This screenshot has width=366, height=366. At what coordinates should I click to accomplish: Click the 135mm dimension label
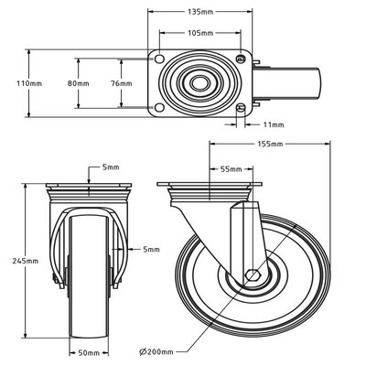pyautogui.click(x=201, y=13)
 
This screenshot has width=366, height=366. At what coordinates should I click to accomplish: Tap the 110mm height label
pyautogui.click(x=30, y=83)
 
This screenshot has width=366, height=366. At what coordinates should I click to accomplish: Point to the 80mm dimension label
pyautogui.click(x=79, y=83)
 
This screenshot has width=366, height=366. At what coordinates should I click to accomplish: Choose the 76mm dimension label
pyautogui.click(x=121, y=83)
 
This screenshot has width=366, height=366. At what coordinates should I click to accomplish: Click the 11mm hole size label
pyautogui.click(x=272, y=124)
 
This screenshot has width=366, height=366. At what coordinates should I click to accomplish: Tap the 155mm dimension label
pyautogui.click(x=270, y=144)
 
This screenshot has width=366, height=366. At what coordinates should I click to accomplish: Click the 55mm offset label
pyautogui.click(x=231, y=168)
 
